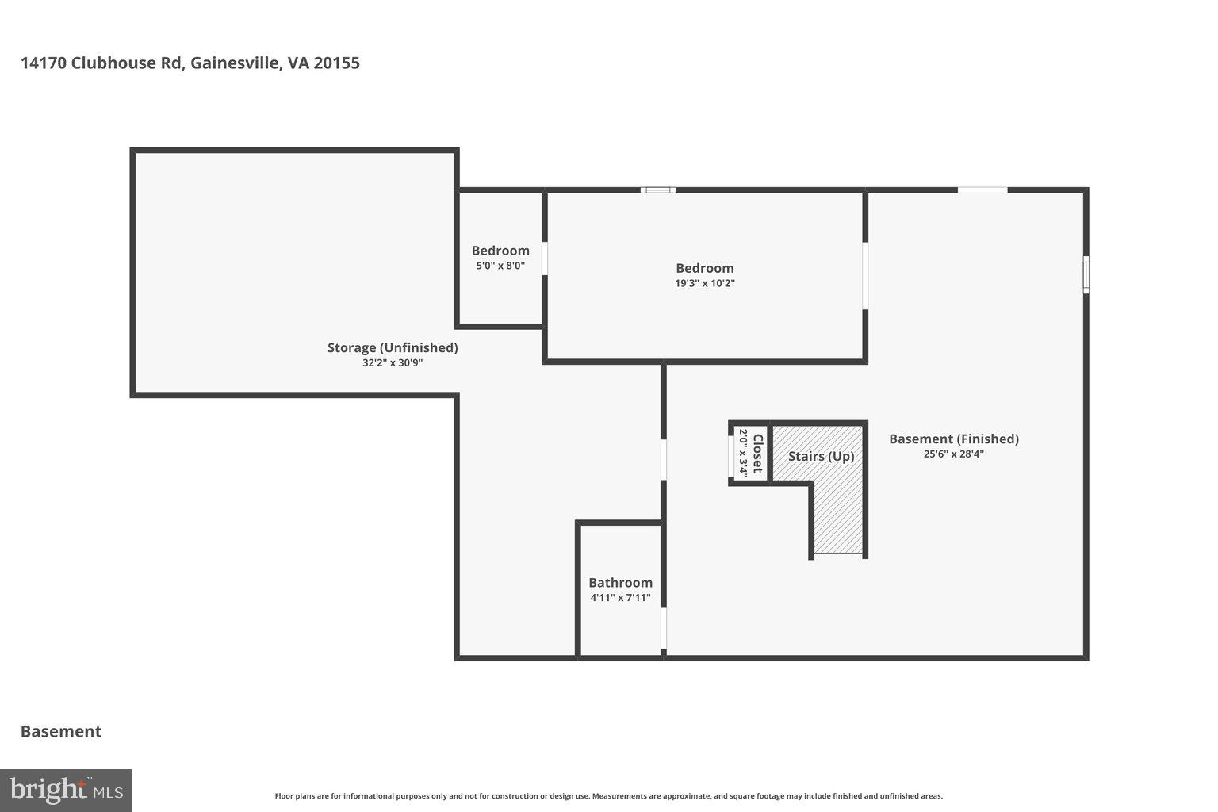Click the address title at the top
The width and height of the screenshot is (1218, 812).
click(190, 63)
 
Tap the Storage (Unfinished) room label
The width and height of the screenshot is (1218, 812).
click(393, 347)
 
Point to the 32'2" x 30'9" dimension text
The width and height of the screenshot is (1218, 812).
click(393, 363)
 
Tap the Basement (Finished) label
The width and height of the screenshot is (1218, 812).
click(953, 439)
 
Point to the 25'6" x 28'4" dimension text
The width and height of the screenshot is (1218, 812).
click(953, 454)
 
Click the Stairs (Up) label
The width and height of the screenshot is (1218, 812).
click(821, 457)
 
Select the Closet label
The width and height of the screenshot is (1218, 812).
click(757, 454)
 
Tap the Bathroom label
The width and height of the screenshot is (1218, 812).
click(620, 582)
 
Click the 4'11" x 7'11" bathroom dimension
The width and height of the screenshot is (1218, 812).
click(620, 598)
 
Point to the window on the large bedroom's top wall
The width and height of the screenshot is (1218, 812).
click(657, 190)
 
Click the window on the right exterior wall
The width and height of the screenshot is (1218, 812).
click(1086, 274)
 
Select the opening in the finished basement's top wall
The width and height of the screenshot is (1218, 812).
click(982, 190)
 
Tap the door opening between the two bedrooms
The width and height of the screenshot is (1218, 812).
click(545, 259)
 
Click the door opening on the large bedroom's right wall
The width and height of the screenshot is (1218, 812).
click(865, 275)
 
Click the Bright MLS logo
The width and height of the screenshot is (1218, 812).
click(66, 791)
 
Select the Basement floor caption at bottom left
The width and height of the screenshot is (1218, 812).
click(61, 731)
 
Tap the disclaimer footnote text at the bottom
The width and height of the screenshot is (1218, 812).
click(608, 796)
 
